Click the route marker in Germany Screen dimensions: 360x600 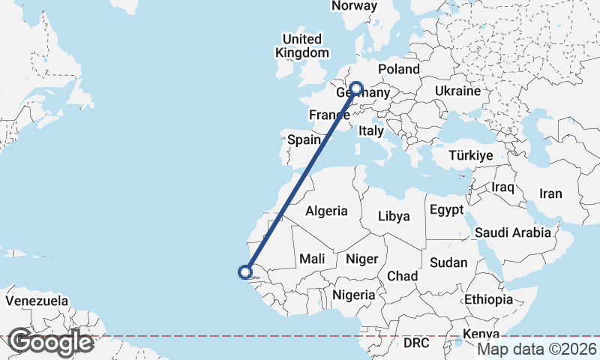click(355, 88)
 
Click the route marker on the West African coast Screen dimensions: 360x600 click(244, 272)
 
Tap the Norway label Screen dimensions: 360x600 click(354, 6)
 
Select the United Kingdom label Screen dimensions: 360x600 click(302, 46)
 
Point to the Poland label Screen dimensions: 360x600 click(399, 69)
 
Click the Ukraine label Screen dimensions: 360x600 click(457, 91)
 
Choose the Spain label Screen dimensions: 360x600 click(304, 139)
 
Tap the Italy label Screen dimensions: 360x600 click(371, 130)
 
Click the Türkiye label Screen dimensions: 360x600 click(470, 156)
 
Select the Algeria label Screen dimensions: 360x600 click(326, 211)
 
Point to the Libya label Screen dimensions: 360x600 click(394, 217)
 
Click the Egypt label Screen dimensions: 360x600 click(448, 211)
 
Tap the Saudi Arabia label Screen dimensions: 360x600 click(513, 233)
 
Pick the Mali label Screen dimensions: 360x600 click(312, 259)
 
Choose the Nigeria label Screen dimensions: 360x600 click(354, 295)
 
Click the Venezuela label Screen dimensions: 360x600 click(37, 301)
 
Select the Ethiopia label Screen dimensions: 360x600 click(488, 299)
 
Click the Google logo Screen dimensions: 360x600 click(50, 342)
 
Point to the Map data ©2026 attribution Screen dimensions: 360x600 click(537, 349)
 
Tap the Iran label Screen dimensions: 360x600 click(550, 193)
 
